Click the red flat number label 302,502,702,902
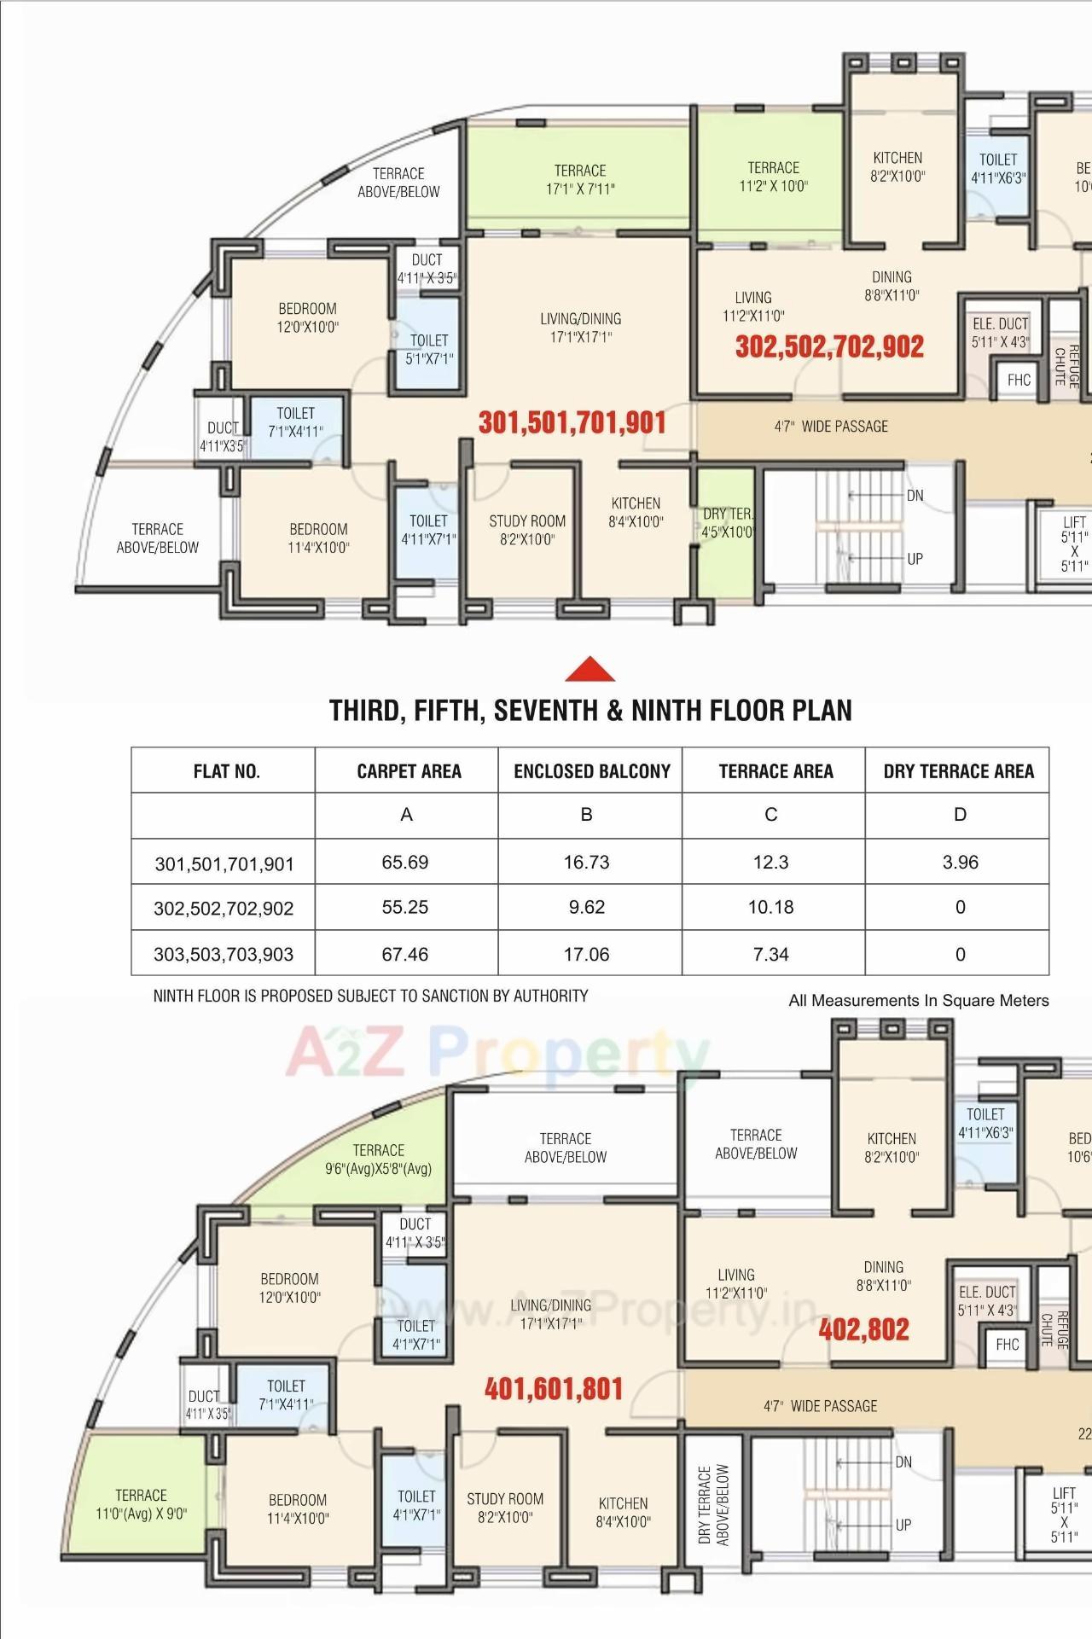point(829,346)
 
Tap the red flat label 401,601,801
point(554,1389)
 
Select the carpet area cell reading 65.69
point(405,862)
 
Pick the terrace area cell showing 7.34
point(770,954)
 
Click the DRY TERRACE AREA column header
point(958,771)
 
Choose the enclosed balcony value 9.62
point(587,907)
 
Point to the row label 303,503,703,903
point(224,954)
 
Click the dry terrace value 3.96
point(960,862)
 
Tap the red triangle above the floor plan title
point(590,670)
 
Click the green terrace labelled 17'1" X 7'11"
point(579,179)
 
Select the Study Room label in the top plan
point(527,529)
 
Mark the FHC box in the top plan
point(1019,380)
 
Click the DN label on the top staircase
point(915,496)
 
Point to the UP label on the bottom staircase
point(903,1525)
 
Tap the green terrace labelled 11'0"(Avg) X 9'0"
point(141,1503)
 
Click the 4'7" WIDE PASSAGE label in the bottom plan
point(820,1406)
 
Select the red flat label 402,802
point(863,1329)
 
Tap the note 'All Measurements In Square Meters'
point(918,1000)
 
